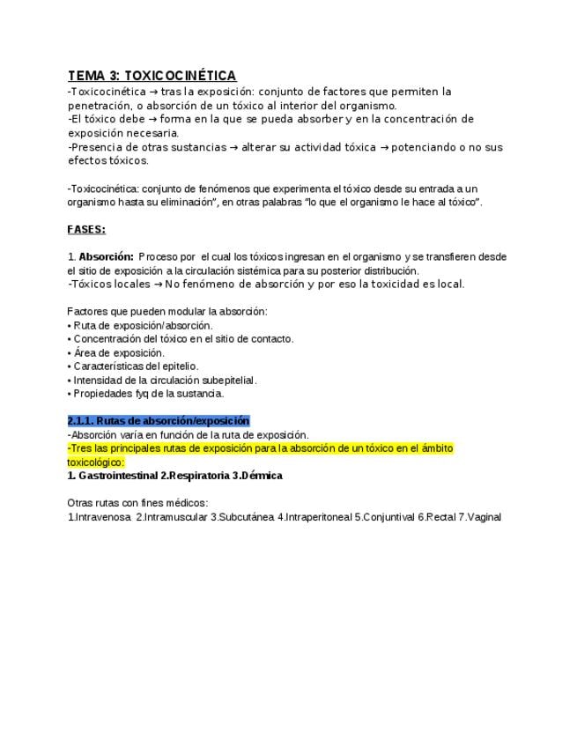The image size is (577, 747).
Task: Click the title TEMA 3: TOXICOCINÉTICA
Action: tap(152, 76)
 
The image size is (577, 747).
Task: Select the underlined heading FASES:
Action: tap(85, 230)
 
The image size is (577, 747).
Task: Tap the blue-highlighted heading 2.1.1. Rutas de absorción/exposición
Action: tap(158, 420)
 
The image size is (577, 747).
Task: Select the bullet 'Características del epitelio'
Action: tap(136, 366)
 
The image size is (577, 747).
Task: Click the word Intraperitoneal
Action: tap(317, 517)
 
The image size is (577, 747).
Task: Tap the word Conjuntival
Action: tap(388, 517)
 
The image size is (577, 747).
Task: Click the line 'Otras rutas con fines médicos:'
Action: tap(137, 502)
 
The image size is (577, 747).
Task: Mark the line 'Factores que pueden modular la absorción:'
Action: tap(166, 311)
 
